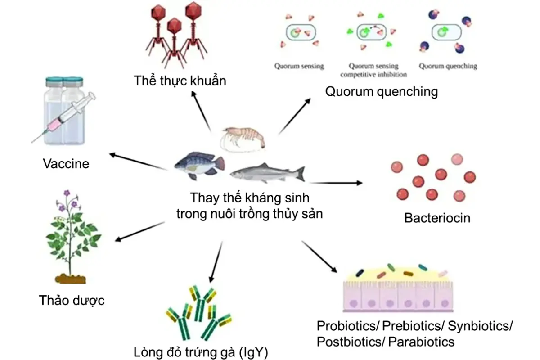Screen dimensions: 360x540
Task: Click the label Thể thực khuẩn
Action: coord(180,81)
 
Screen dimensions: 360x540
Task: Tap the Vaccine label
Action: coord(66,163)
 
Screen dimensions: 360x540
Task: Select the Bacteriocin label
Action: coord(437,218)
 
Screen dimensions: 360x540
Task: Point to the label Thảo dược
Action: coord(72,300)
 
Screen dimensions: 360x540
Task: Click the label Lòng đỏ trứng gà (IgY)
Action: coord(201,351)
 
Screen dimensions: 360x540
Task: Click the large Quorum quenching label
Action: coord(382,92)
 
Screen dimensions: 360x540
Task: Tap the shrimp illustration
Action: coord(242,137)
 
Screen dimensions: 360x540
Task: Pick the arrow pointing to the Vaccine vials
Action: coord(138,162)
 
